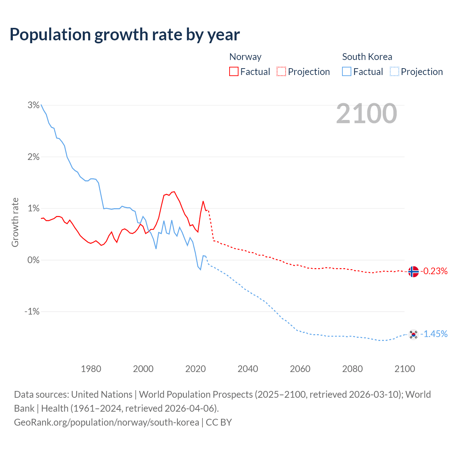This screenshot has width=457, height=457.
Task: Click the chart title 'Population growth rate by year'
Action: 125,34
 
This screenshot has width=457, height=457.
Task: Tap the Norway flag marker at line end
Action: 413,272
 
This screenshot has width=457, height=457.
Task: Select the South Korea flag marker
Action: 413,335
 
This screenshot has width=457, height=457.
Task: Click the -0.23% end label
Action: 434,271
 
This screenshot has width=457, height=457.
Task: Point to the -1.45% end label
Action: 434,334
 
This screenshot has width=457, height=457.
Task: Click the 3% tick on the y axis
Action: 33,105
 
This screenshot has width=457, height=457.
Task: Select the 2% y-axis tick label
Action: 33,157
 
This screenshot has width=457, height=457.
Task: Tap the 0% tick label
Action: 33,260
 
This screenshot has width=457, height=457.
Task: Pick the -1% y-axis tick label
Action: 32,312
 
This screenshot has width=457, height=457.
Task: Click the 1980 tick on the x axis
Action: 91,369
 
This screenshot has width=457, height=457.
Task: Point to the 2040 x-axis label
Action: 248,369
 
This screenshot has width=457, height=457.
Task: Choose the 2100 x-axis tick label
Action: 405,369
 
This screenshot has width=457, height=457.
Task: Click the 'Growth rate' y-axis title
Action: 15,222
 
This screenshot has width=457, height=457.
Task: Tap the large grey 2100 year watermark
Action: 366,114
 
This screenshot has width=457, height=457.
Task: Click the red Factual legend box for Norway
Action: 234,72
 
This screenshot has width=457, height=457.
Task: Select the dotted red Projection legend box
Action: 281,72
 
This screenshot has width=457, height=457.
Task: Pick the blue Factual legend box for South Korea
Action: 347,72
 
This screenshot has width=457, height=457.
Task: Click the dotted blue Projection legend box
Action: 394,72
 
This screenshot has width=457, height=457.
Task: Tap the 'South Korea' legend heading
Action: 367,57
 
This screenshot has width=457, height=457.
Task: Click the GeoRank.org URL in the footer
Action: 106,422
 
